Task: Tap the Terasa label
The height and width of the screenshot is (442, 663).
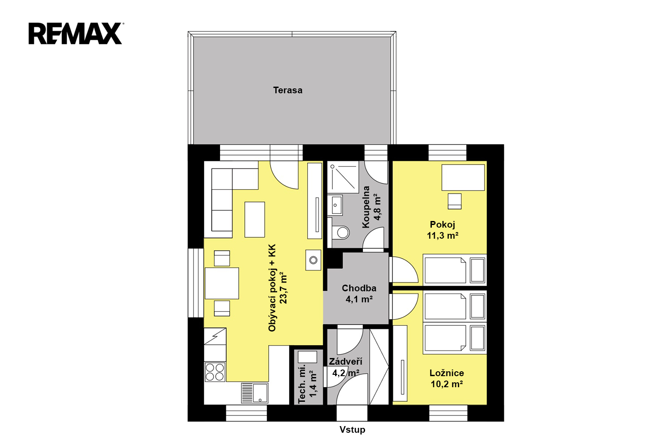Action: (x=288, y=90)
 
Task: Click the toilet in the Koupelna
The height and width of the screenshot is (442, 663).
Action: (x=341, y=232)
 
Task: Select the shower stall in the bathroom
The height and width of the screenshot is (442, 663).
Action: (x=343, y=177)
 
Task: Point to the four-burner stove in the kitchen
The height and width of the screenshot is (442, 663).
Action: (x=215, y=372)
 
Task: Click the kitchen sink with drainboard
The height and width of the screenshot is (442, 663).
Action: (x=255, y=393)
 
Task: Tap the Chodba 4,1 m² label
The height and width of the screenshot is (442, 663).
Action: (x=359, y=293)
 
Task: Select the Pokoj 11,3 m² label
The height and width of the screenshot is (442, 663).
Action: (x=442, y=230)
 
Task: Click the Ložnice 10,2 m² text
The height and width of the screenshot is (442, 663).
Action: (x=446, y=378)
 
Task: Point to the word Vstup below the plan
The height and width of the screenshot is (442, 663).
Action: (x=352, y=430)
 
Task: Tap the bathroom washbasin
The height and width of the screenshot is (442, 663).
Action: (x=336, y=205)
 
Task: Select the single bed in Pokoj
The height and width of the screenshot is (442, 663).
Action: (x=455, y=270)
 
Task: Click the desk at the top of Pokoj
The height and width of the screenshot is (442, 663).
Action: (x=463, y=178)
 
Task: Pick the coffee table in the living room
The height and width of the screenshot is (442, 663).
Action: (x=255, y=219)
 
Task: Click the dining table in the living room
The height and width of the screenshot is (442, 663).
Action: (x=222, y=283)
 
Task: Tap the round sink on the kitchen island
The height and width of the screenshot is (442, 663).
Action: (x=313, y=260)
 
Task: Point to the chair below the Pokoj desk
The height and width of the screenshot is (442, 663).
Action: (x=454, y=201)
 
